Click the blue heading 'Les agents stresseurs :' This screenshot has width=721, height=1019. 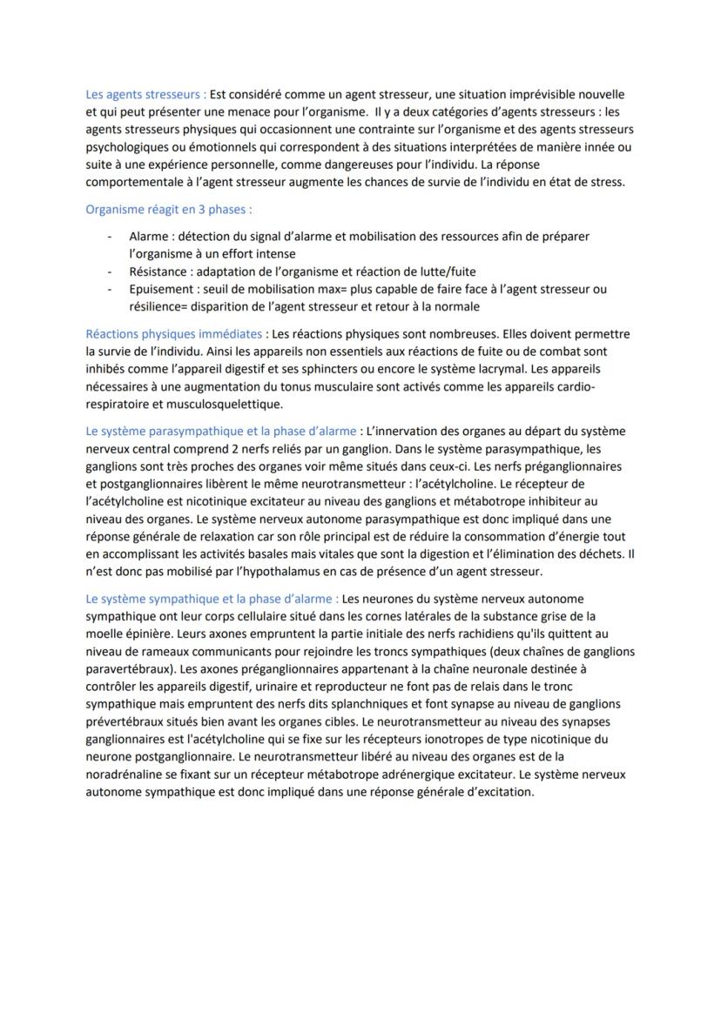click(x=145, y=94)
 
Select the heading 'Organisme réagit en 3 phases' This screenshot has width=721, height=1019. click(x=169, y=210)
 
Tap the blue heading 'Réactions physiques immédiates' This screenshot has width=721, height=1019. click(x=173, y=333)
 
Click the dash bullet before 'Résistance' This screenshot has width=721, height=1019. click(x=110, y=272)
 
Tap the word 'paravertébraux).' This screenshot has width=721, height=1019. click(x=129, y=668)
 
